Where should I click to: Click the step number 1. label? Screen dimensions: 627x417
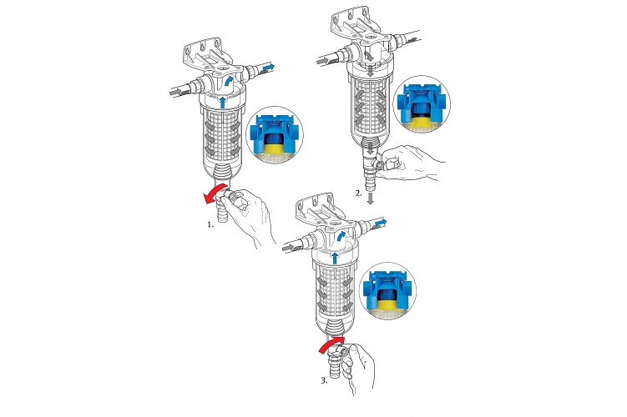click(210, 224)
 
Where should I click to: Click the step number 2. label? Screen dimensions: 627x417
click(359, 193)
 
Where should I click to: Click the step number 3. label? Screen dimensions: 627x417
click(324, 380)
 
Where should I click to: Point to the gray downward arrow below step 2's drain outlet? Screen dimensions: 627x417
click(371, 198)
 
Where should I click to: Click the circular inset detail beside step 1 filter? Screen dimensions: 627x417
click(275, 135)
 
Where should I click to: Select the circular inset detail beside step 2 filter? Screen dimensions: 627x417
click(422, 104)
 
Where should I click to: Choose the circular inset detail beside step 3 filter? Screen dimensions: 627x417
click(388, 291)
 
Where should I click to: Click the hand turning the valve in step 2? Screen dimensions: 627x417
click(412, 163)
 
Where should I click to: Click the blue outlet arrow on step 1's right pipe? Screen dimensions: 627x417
click(268, 67)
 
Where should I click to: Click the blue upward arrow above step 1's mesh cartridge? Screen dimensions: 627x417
click(223, 102)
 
